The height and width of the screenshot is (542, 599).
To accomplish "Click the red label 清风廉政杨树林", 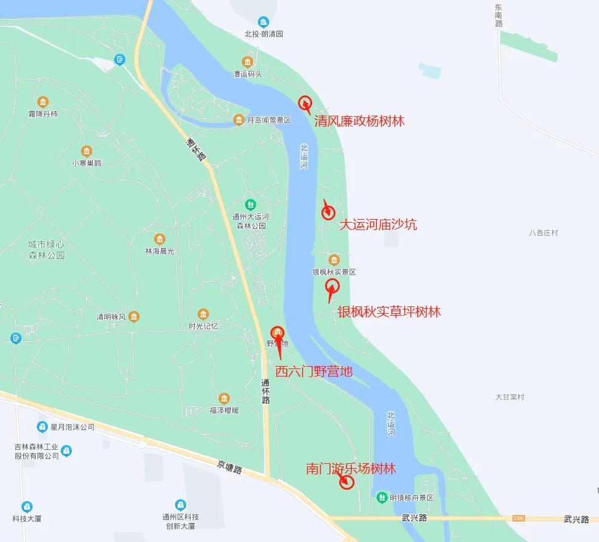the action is coord(359,121).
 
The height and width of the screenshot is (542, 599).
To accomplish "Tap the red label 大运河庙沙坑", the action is coord(378,225).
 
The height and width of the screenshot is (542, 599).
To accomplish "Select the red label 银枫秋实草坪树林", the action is coord(389,312).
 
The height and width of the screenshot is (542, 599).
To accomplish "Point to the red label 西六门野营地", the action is coord(313,371).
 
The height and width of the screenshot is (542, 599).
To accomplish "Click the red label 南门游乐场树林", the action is coord(351,469).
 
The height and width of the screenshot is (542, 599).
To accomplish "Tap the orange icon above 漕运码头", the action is coord(247,62).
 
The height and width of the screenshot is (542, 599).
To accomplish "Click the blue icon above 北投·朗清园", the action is coord(264,22).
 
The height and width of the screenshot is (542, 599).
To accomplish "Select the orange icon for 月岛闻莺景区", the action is coord(238,120).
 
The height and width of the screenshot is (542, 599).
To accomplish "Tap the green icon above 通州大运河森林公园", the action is coord(250,204).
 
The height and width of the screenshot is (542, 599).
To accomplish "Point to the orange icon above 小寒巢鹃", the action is coord(87,151).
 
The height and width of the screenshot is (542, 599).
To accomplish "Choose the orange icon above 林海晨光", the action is coord(160,239).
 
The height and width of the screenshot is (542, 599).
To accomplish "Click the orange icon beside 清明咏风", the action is coord(134,317).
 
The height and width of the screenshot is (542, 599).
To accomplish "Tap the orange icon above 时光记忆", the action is coord(203,314).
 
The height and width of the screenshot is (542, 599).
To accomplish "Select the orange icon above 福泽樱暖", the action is coord(224,398).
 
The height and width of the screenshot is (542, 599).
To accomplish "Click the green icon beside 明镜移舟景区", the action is coord(382,497).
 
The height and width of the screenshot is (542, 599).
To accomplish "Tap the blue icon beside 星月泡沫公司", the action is coord(42,426).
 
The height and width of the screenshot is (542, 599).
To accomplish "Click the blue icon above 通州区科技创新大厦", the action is coord(180,504).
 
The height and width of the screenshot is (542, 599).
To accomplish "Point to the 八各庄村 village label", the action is coord(543,233).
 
